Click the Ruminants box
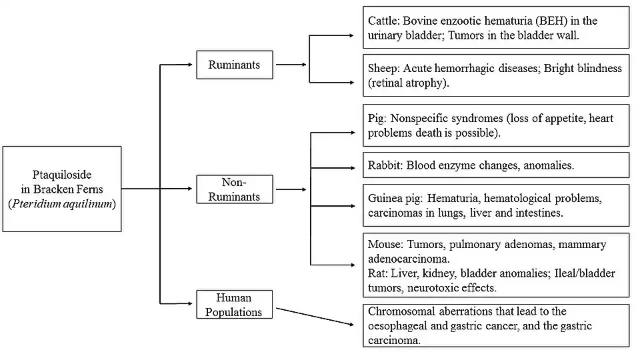pos(234,65)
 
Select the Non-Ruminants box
pos(234,189)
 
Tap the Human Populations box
pos(234,305)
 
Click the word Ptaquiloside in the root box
pos(62,175)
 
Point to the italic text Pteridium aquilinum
pos(62,204)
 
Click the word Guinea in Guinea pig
pos(386,199)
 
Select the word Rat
pos(377,273)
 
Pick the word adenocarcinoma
pos(409,259)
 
